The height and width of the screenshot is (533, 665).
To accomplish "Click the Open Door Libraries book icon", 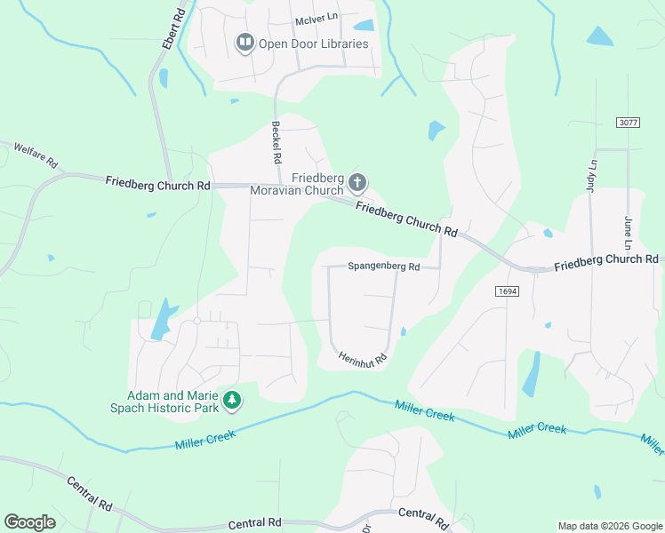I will coord(244,43).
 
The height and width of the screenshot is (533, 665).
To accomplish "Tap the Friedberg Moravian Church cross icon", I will coord(357,183).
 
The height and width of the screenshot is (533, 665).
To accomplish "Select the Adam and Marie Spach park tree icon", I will coord(232,401).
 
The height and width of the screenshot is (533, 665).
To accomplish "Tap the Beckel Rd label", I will coord(276,139).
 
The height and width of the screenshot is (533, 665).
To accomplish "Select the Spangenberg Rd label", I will coord(382,266).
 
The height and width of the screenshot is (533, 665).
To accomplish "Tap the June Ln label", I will coord(628,233).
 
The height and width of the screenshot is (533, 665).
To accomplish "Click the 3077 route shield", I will coord(628,122).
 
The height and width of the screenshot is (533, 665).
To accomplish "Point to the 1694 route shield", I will coord(507,290).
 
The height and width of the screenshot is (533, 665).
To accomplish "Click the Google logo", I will coord(29,522).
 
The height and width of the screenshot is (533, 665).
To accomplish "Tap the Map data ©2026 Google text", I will coord(609,526).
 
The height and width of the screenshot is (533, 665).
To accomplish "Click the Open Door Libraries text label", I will coord(313,44).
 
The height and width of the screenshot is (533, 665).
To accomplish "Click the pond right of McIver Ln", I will coord(365,25).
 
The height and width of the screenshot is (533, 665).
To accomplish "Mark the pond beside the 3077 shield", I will coord(599,36).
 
